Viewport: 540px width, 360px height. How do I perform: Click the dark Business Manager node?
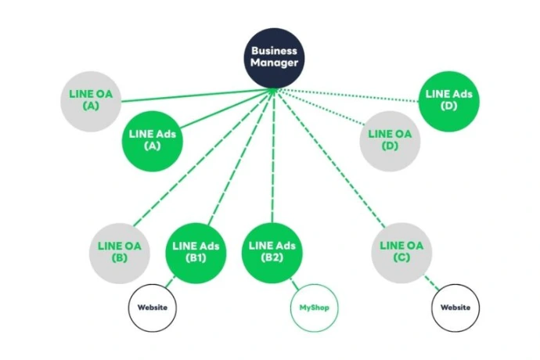click(274, 56)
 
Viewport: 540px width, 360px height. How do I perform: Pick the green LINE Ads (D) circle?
click(448, 99)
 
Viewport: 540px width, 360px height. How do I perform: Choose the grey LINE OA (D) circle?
click(390, 140)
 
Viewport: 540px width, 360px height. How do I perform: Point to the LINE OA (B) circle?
click(120, 250)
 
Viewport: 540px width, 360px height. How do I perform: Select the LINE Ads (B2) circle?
click(272, 250)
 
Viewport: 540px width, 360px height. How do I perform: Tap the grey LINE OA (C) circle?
click(401, 250)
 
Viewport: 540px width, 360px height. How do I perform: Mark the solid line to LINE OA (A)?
click(188, 97)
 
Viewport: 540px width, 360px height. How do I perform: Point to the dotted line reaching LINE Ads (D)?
click(352, 96)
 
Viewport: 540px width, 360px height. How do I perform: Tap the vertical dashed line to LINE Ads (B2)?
click(272, 157)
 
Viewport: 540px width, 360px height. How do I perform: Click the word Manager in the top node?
click(274, 63)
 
